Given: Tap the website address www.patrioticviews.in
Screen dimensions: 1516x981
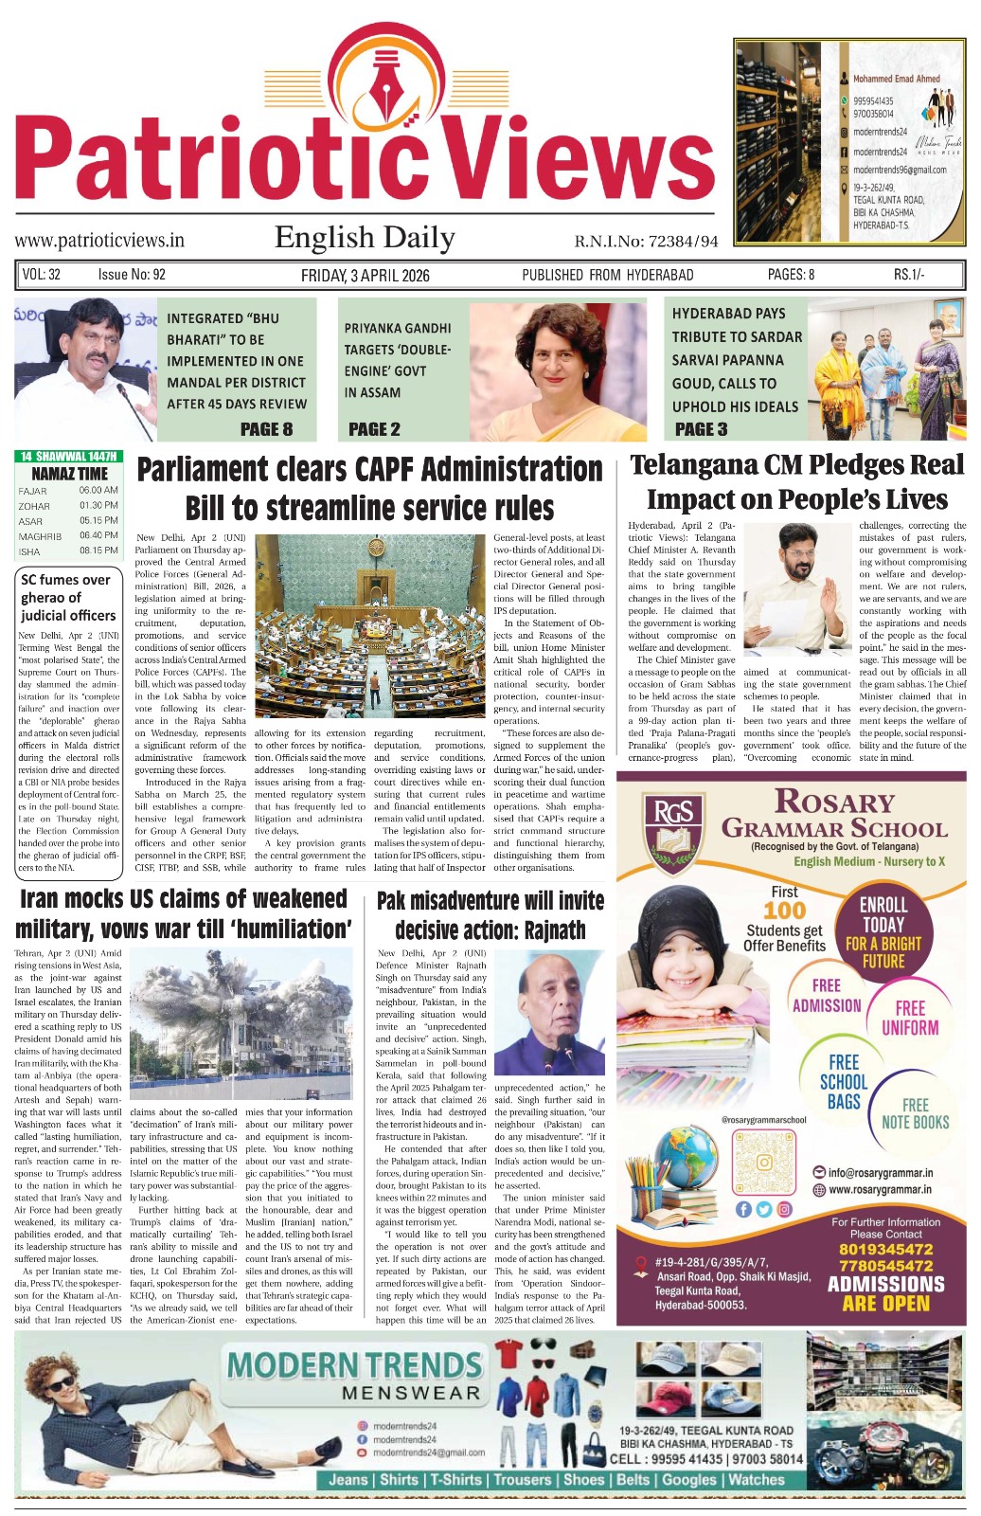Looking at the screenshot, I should click(x=99, y=241).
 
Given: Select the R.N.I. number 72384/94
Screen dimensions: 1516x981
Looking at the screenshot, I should click(x=646, y=242).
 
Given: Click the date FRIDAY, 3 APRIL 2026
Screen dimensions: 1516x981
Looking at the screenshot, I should click(x=365, y=275).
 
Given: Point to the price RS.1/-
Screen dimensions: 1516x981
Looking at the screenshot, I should click(x=909, y=275).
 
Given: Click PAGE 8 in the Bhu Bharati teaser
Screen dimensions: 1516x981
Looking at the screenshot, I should click(x=266, y=429).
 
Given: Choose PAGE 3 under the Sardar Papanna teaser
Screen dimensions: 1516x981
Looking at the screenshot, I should click(x=701, y=429).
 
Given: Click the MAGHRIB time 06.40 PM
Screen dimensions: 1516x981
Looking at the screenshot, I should click(x=98, y=535).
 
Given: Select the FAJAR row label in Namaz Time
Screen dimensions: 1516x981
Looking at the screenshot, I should click(x=32, y=491).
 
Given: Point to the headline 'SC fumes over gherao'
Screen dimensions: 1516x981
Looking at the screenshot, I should click(x=66, y=597).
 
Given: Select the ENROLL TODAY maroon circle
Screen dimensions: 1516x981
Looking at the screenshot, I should click(x=883, y=932).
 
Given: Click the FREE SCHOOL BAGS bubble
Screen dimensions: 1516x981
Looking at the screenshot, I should click(x=843, y=1080).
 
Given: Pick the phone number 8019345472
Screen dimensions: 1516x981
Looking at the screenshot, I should click(x=885, y=1249).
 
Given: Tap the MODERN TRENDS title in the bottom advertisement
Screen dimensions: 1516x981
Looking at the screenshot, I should click(x=354, y=1366).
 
